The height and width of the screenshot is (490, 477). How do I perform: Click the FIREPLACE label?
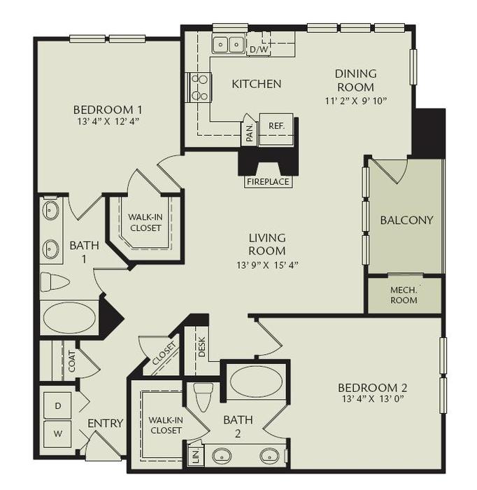[267, 182]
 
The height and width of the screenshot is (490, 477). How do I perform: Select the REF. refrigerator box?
[276, 126]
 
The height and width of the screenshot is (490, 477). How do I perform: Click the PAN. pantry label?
[250, 132]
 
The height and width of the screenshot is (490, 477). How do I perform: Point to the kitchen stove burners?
[199, 87]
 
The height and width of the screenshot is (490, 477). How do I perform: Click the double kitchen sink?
[229, 45]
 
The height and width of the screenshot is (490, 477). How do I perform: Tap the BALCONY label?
[406, 220]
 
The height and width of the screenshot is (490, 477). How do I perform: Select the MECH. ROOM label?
[404, 295]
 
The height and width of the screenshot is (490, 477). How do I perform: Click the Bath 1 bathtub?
[69, 317]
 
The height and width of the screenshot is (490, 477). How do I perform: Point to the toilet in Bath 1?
[55, 282]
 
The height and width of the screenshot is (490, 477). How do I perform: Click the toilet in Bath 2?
[204, 397]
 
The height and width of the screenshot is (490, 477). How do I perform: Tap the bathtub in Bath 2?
[256, 381]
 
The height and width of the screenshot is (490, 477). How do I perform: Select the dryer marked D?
[57, 405]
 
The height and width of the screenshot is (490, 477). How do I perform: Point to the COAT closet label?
[71, 360]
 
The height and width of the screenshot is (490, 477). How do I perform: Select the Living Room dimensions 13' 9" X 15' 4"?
[267, 265]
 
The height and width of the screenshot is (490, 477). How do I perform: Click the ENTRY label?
[106, 423]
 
